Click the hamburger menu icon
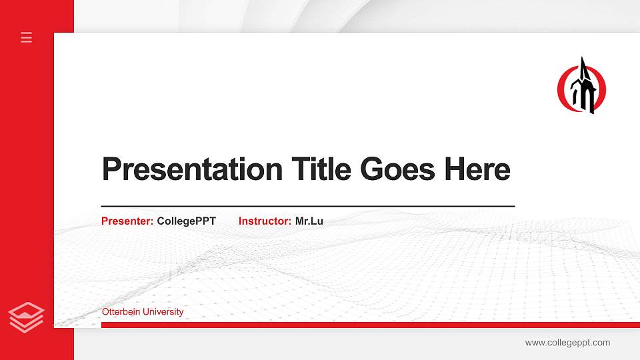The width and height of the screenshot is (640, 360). [27, 37]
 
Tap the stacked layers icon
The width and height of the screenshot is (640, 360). [27, 317]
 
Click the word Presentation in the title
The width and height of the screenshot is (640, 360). [193, 169]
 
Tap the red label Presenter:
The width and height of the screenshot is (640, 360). [127, 221]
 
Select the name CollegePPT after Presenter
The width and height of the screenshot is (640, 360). [186, 221]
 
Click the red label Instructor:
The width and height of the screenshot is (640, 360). [265, 221]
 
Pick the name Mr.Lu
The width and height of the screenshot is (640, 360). [309, 221]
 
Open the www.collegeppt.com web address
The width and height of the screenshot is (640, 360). [567, 343]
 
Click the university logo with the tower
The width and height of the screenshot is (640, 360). [582, 87]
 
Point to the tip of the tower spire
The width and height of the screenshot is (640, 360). [583, 59]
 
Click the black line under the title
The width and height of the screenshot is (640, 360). [307, 206]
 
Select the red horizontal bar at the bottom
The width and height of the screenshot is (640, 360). [367, 325]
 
